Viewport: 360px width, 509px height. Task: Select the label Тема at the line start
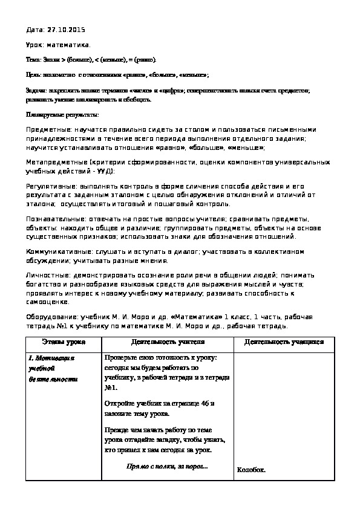tap(34, 60)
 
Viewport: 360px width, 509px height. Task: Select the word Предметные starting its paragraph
tap(49, 129)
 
